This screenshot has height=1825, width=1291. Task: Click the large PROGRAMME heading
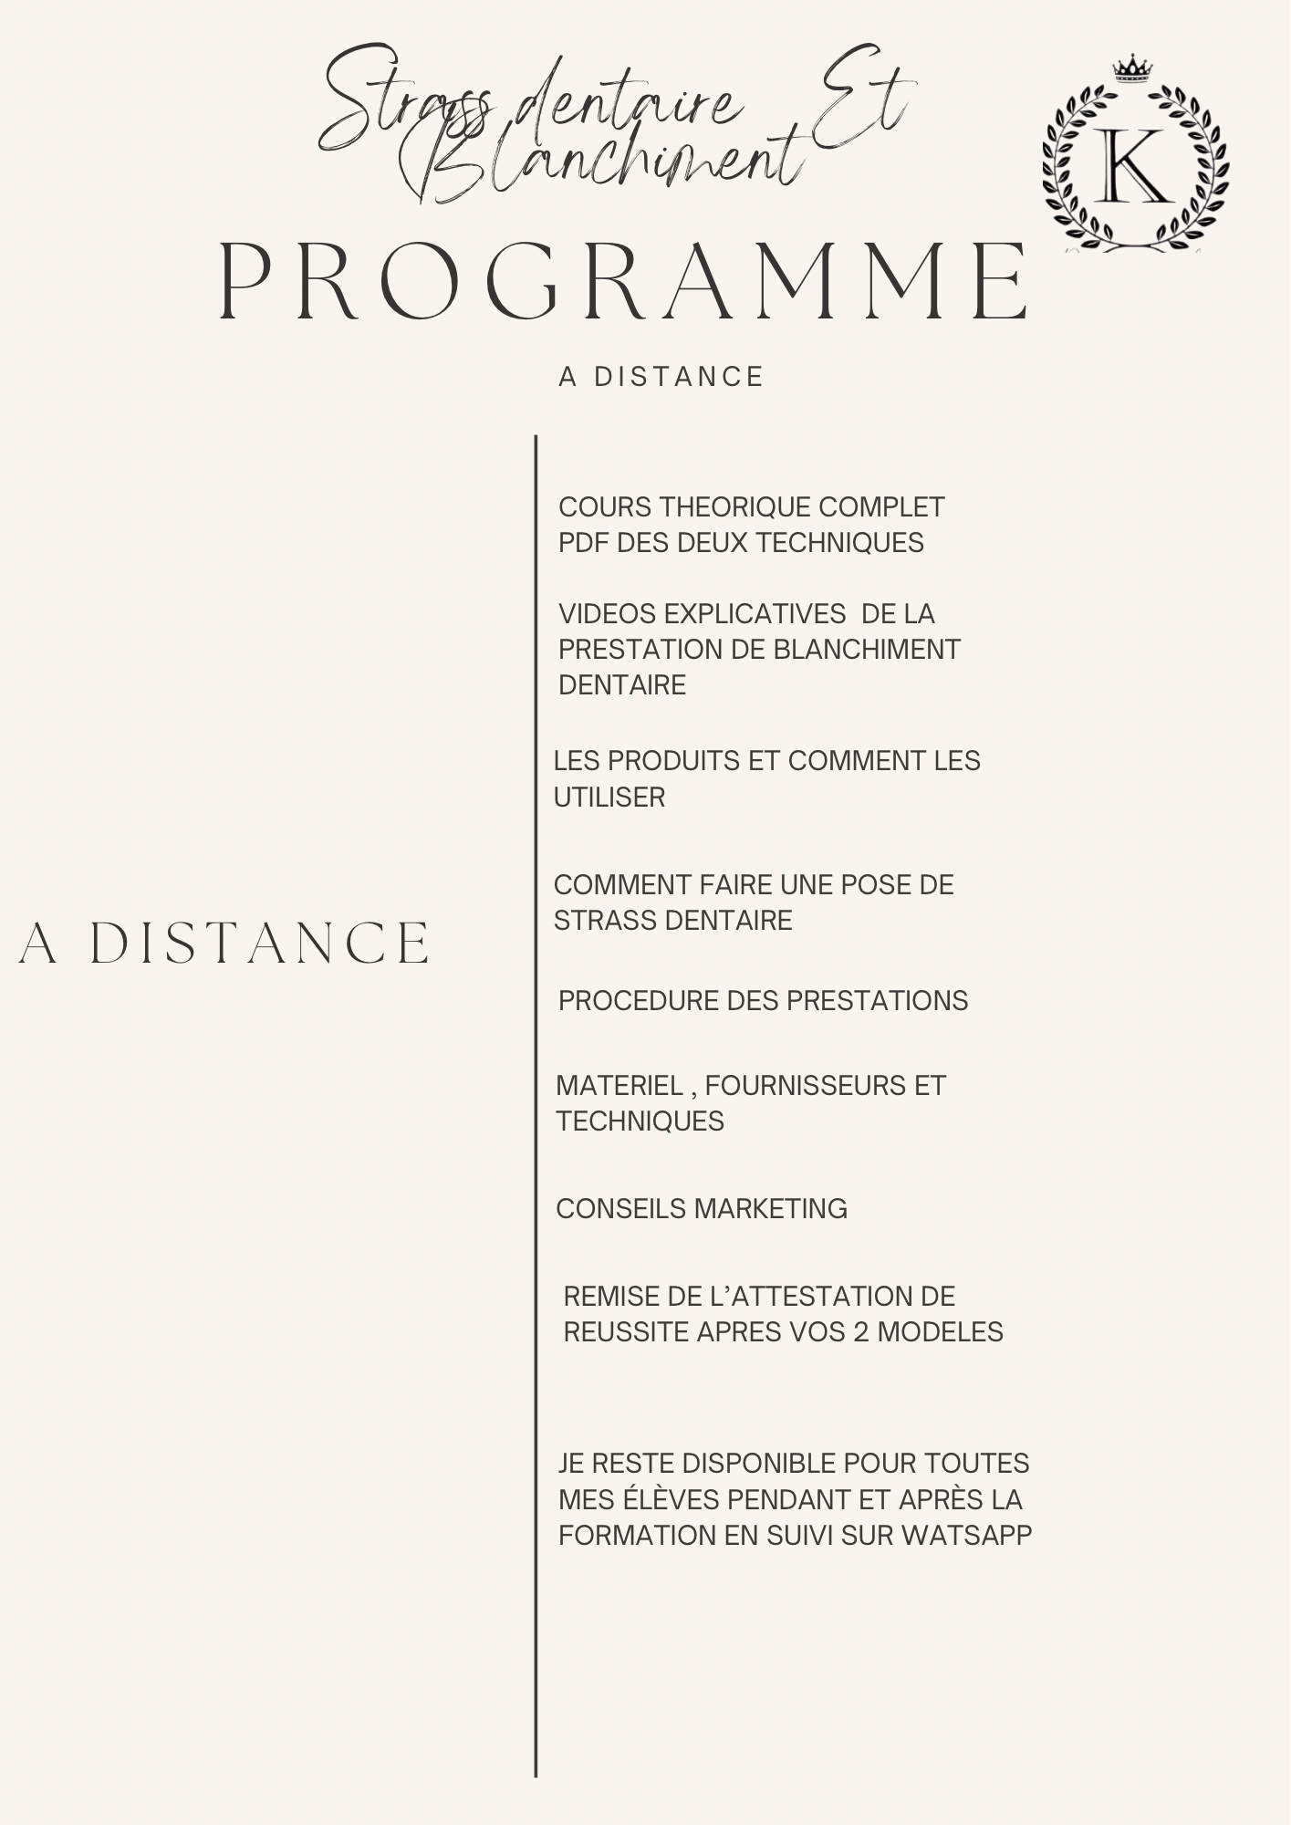point(624,281)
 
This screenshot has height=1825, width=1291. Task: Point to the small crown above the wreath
point(1133,68)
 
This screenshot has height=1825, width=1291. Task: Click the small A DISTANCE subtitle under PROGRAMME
point(661,377)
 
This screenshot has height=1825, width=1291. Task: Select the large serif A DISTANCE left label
point(224,944)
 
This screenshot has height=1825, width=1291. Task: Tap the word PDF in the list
point(584,543)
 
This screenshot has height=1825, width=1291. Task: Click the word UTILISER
point(609,798)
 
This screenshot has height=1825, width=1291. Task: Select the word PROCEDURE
point(639,1001)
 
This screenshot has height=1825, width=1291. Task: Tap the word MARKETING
point(771,1209)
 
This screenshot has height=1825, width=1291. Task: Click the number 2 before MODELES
point(861,1332)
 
